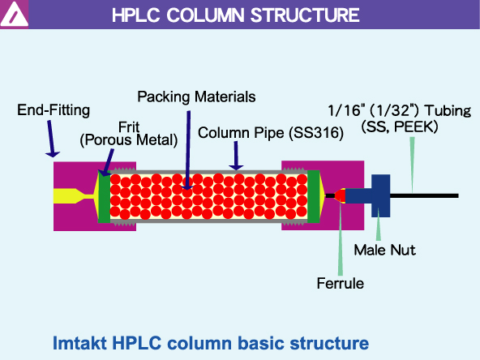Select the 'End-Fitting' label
click(53, 109)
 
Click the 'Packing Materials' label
click(196, 96)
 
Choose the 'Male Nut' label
click(384, 250)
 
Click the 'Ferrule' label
click(340, 283)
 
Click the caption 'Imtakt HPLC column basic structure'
click(211, 342)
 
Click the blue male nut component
click(379, 195)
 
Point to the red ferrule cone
click(339, 195)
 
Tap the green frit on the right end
click(314, 195)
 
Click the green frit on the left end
click(103, 195)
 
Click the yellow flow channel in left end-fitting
click(73, 195)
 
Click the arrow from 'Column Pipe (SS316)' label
click(236, 154)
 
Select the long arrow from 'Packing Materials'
click(186, 146)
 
